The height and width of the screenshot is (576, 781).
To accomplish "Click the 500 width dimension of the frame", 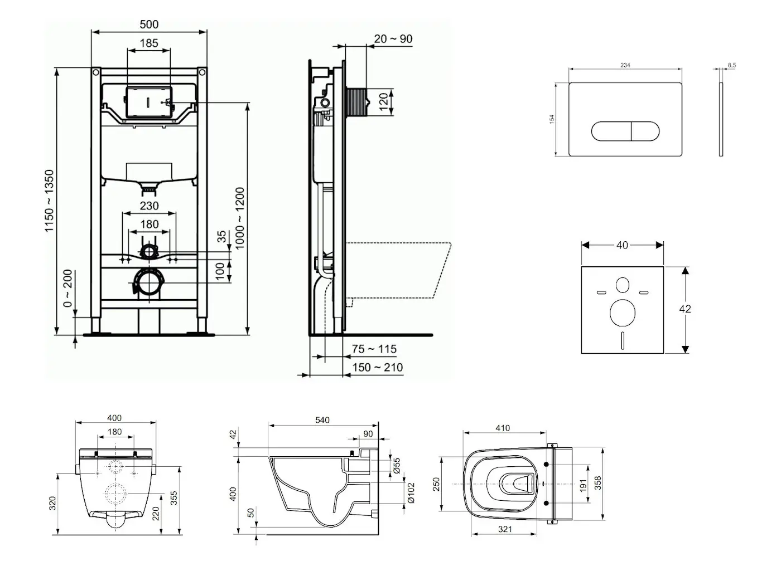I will pos(149,24).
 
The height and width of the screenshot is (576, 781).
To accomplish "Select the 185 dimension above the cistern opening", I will pos(149,43).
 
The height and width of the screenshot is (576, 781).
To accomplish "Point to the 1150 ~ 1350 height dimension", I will pos(50,201).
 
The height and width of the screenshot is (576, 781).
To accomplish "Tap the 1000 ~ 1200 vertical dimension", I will pos(240,218).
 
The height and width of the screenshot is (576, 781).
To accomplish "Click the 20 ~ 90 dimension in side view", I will pos(393,38).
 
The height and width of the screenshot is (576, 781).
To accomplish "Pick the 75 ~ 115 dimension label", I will pos(374,349).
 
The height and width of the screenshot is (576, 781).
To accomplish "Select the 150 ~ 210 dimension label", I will pos(377,368).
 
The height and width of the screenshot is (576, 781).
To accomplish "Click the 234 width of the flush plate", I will pos(625,65).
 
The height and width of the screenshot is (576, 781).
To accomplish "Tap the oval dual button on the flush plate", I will pos(625,131).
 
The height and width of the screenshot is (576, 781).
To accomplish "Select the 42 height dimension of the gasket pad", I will pos(685,309).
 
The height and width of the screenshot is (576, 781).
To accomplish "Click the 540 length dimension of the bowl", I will pos(322,420).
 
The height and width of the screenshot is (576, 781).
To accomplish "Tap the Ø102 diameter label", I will pos(411,492).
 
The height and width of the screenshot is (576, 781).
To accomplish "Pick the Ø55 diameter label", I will pos(397,465).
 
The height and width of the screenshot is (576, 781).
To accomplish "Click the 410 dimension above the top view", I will pos(502,428).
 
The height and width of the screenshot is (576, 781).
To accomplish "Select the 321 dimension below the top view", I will pos(504,529).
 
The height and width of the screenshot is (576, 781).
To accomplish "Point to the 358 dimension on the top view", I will pos(597,482).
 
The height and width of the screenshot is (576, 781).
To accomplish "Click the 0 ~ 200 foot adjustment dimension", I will pos(68,289).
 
